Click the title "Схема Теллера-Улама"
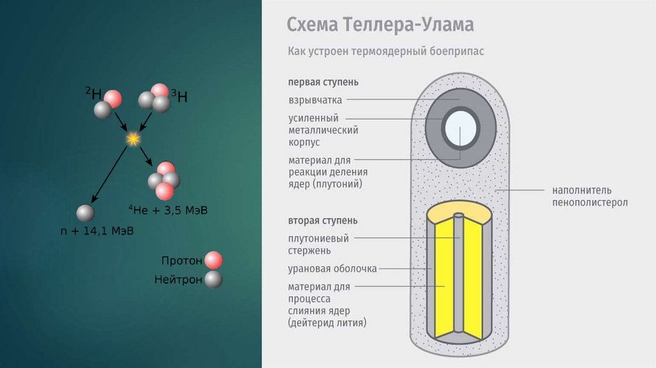pyautogui.click(x=380, y=25)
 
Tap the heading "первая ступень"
pyautogui.click(x=323, y=82)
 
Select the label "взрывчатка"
pyautogui.click(x=315, y=100)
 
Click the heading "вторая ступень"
pyautogui.click(x=322, y=221)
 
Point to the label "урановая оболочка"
pyautogui.click(x=332, y=269)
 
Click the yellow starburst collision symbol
pyautogui.click(x=133, y=138)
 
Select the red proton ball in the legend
pyautogui.click(x=213, y=260)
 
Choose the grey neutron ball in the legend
pyautogui.click(x=213, y=280)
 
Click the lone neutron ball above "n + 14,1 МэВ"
pyautogui.click(x=85, y=213)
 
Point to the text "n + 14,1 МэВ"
pyautogui.click(x=96, y=231)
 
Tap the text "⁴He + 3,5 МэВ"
pyautogui.click(x=168, y=210)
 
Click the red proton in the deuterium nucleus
pyautogui.click(x=113, y=99)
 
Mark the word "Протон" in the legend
pyautogui.click(x=182, y=261)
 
